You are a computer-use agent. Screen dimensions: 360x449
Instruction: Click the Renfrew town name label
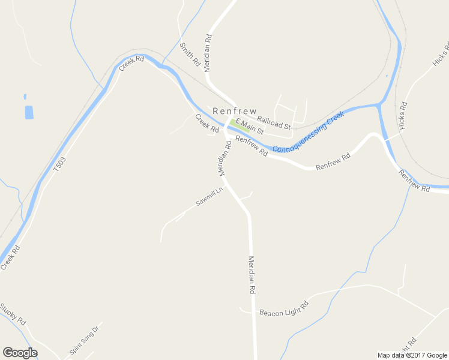coord(234,111)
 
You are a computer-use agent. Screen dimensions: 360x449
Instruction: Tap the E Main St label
coord(250,126)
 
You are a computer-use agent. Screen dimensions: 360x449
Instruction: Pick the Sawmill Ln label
coord(209,197)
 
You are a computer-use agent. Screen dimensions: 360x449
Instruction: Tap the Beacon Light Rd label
coord(283,309)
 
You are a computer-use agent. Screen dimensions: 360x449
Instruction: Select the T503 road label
coord(59,165)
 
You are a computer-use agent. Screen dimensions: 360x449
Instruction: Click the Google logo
coord(20,353)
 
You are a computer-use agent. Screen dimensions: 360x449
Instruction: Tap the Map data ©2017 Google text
coord(412,355)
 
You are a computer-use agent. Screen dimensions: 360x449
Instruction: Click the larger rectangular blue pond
coord(29,112)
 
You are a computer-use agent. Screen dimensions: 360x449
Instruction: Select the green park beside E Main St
coord(234,124)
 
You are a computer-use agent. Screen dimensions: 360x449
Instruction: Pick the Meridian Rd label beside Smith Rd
coord(208,53)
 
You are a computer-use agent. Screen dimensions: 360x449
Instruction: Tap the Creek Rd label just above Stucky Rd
coord(10,257)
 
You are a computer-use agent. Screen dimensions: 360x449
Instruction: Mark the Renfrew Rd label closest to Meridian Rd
coord(252,146)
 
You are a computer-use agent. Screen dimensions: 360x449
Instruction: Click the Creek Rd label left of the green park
coord(206,123)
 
